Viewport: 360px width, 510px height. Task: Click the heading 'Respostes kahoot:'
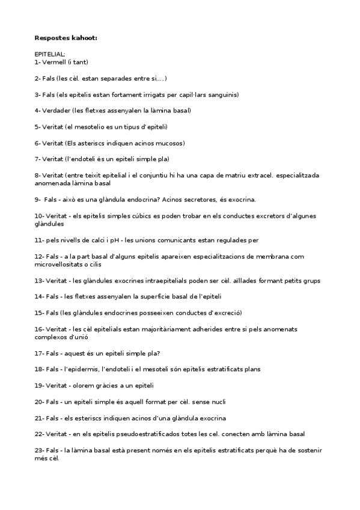66,38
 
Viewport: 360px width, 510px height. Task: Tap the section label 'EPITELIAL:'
50,54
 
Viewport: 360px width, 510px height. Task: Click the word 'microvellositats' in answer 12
59,263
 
